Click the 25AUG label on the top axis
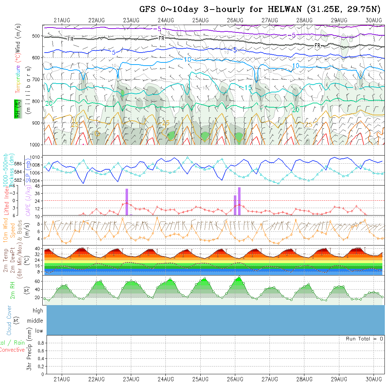tap(200, 20)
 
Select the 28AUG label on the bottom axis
tap(304, 379)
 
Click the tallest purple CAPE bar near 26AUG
tap(239, 201)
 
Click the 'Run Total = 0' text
tap(364, 339)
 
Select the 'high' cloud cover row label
tap(38, 311)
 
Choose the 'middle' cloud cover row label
tap(35, 321)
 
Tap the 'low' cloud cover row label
tap(39, 331)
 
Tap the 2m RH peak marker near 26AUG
tap(240, 277)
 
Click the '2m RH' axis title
tap(13, 290)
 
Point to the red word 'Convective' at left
tap(12, 350)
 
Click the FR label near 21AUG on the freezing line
tap(71, 39)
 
